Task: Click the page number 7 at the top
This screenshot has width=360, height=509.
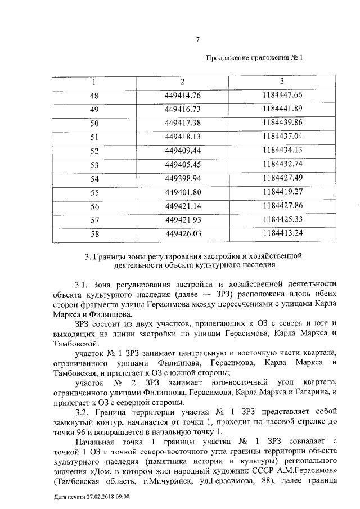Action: coord(197,39)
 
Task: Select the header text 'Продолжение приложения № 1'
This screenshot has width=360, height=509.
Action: coord(254,58)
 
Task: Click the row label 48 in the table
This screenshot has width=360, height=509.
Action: coord(94,95)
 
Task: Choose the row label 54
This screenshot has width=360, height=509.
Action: coord(94,178)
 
